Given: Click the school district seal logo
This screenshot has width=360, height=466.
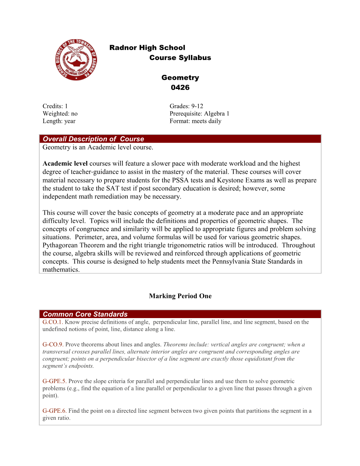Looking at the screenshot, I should (76, 60).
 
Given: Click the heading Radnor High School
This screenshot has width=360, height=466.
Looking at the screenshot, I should (147, 48).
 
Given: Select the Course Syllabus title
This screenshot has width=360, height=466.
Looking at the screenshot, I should (180, 58).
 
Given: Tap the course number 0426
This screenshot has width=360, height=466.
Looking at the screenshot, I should (180, 87).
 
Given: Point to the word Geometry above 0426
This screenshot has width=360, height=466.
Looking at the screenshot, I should (180, 78).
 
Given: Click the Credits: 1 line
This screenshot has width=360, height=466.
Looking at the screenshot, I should (55, 106).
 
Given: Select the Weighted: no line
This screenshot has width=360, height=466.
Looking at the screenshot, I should (60, 114).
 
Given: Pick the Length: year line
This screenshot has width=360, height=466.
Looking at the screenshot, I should (59, 121).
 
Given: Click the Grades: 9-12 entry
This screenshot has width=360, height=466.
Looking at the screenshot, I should (186, 106).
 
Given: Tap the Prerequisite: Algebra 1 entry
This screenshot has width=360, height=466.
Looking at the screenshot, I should (199, 114).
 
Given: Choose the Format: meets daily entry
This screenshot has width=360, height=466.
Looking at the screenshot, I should (196, 121).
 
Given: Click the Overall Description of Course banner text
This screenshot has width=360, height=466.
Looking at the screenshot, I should (93, 139).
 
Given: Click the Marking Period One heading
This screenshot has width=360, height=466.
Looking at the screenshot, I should (180, 296).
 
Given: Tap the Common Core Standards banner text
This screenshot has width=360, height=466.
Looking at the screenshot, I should (85, 314).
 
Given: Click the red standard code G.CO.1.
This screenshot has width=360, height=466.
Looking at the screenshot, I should (53, 322).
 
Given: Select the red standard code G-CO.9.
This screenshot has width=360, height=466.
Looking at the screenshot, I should (53, 345).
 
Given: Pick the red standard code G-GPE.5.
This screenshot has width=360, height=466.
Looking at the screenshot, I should (54, 381).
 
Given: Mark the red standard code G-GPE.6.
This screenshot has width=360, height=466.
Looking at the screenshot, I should (54, 411).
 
